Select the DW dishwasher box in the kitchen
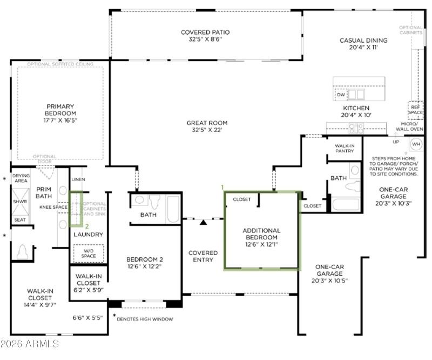(x=341, y=95)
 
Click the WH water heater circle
(x=416, y=144)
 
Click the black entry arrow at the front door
(x=204, y=222)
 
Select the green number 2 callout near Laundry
(x=87, y=226)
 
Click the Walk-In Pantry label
(x=345, y=148)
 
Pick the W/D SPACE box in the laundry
(x=89, y=253)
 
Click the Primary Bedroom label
(x=60, y=110)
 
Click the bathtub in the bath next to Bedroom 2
(x=173, y=209)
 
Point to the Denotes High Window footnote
(x=145, y=319)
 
